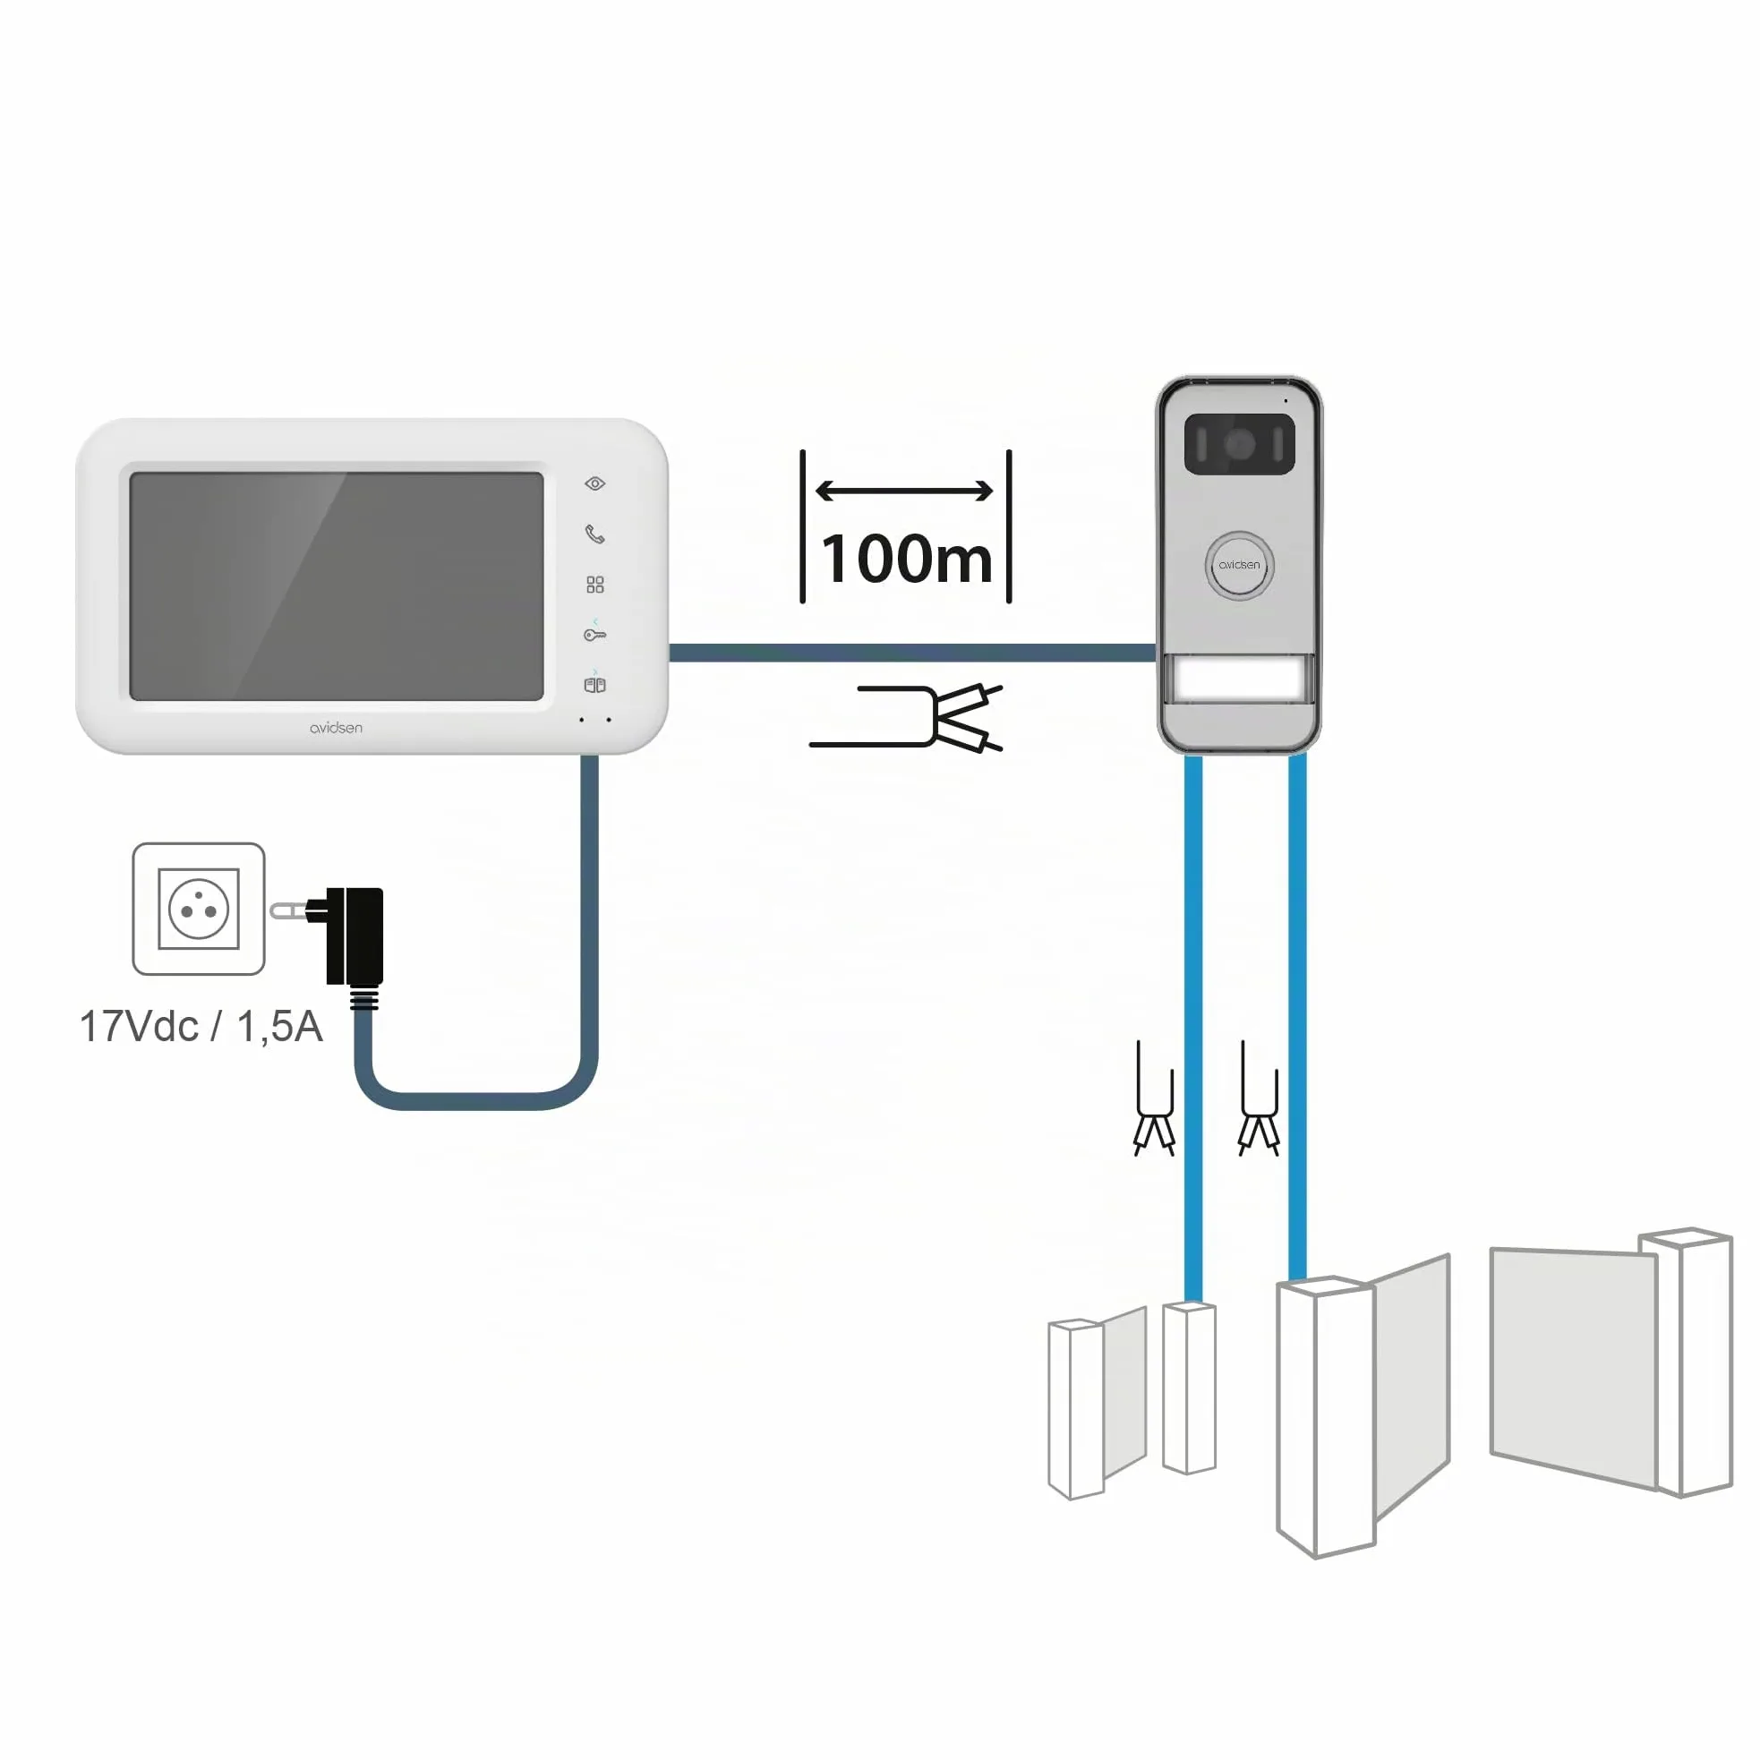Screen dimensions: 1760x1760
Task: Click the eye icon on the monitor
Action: click(594, 483)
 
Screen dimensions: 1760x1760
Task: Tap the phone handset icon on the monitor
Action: click(594, 534)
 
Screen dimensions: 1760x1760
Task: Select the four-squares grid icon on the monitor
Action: click(594, 585)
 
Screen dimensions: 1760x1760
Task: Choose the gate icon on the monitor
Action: click(594, 685)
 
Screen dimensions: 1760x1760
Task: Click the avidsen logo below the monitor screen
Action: click(336, 728)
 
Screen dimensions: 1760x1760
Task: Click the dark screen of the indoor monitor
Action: click(337, 585)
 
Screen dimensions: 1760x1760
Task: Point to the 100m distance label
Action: click(907, 558)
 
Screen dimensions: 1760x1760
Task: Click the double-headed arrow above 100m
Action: click(904, 491)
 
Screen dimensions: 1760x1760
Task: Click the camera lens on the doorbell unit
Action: click(1239, 445)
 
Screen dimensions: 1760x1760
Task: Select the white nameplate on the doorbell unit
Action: click(1239, 679)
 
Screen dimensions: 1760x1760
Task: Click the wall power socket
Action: click(199, 910)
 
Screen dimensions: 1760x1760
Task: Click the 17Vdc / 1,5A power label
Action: click(201, 1027)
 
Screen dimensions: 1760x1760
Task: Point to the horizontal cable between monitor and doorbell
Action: click(913, 653)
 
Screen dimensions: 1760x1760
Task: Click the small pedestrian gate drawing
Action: click(1132, 1401)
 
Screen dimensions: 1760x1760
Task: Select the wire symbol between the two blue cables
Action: click(1260, 1098)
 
